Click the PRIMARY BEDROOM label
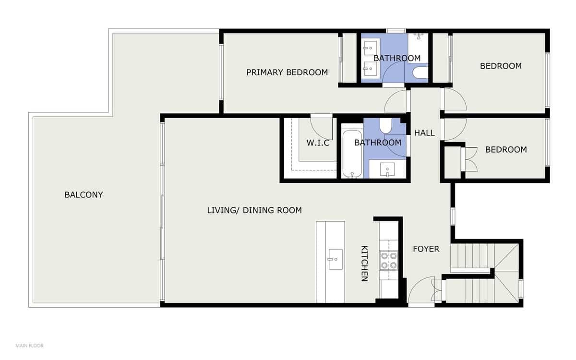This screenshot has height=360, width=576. pos(287,72)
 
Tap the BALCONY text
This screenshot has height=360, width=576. pos(84,195)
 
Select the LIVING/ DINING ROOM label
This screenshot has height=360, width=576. pos(254,210)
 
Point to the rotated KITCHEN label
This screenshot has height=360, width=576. pos(364,264)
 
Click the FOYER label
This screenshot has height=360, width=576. pos(426,249)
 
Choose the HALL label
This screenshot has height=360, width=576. pos(424,133)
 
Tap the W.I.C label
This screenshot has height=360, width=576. pos(318,143)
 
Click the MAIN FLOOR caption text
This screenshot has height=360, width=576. pos(29,346)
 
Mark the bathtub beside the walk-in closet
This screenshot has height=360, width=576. pos(352,153)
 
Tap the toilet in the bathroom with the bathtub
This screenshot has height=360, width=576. pos(386,126)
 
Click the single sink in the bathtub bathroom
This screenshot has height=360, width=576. pos(387,169)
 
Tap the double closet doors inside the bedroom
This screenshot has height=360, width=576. pos(468,158)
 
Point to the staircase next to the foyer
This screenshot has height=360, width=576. pos(485,274)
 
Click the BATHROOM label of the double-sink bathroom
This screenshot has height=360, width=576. pos(397,58)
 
